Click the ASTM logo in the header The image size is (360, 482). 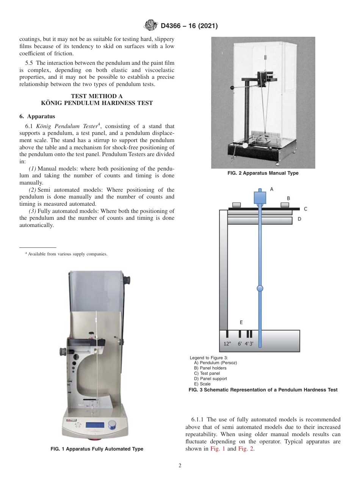click(151, 26)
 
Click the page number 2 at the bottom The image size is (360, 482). click(180, 466)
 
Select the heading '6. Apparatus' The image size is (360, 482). click(37, 116)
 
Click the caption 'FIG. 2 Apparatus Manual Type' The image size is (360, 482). click(263, 173)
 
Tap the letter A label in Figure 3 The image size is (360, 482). click(271, 189)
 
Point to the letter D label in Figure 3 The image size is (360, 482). click(299, 219)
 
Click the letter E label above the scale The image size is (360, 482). click(241, 322)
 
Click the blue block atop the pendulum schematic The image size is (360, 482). click(260, 197)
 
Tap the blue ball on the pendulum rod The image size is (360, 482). click(260, 289)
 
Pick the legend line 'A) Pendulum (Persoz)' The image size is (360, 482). click(215, 363)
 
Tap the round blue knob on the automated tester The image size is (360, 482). click(112, 424)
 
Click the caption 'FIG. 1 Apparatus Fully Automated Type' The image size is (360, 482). click(97, 449)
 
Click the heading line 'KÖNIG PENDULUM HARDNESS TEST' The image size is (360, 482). click(97, 103)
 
